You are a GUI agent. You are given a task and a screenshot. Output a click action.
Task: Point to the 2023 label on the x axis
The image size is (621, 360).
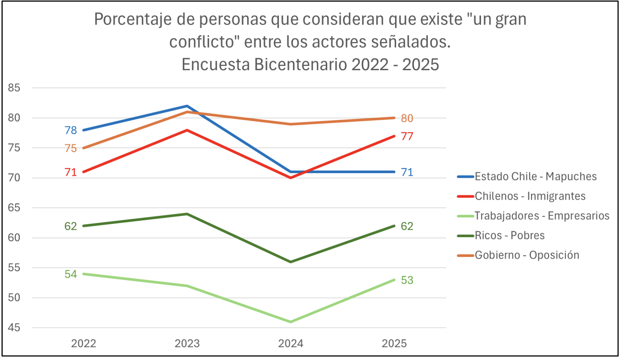coord(187,344)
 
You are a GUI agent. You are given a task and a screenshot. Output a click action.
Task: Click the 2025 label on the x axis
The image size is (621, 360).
coord(394,344)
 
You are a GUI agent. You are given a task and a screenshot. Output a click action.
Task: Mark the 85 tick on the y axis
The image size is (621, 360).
coord(14,88)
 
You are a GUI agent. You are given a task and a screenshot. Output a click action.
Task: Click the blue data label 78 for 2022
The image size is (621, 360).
coord(71,130)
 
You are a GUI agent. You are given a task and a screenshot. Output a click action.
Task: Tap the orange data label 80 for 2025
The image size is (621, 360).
coord(407,118)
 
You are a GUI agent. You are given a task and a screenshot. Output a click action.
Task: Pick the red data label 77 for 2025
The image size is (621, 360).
coord(407,136)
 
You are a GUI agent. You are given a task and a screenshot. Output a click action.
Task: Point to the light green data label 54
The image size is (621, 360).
coord(71,274)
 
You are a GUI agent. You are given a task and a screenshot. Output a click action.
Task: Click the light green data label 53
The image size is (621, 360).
coord(407,280)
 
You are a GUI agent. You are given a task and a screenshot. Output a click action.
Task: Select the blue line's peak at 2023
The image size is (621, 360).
coord(187,106)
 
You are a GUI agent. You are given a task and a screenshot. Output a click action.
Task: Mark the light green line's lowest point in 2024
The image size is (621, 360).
coord(290,322)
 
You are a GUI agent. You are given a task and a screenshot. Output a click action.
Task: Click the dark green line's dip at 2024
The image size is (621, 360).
coord(290,262)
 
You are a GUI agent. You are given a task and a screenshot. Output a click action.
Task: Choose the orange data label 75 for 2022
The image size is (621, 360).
coord(71,148)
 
